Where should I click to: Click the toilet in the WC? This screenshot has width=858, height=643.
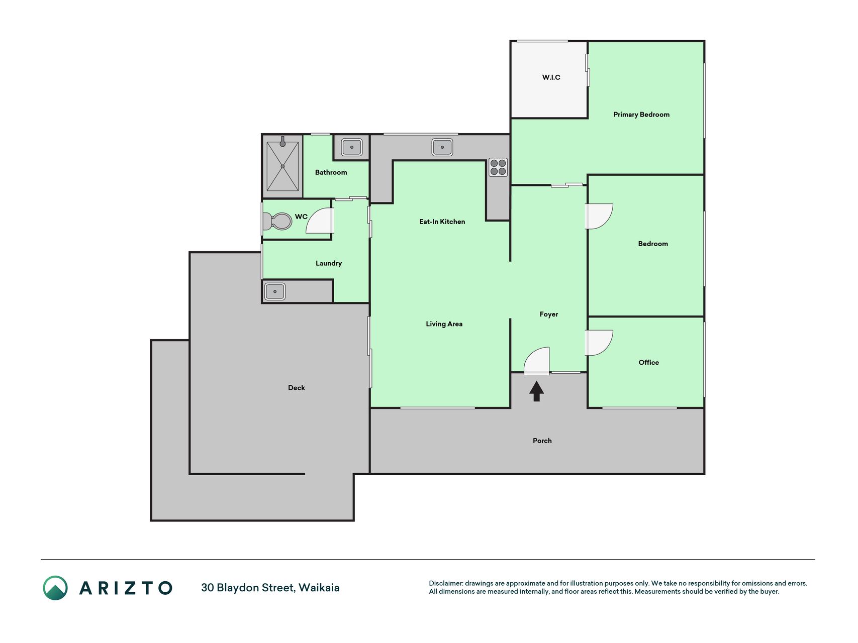(277, 221)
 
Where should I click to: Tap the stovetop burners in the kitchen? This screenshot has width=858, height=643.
(498, 167)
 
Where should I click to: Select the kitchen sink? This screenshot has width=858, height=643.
(442, 147)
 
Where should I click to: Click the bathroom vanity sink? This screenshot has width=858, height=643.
(352, 147)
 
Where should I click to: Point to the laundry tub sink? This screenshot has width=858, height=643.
(275, 291)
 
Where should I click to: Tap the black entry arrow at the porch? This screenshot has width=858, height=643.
(536, 391)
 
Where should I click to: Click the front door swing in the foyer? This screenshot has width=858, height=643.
(536, 361)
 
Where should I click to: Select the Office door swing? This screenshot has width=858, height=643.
(599, 343)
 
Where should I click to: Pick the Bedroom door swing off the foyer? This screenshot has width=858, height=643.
(599, 216)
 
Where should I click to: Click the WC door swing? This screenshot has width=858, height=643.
(320, 221)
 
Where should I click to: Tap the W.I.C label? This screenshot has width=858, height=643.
(551, 77)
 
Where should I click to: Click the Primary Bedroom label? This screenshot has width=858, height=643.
(641, 115)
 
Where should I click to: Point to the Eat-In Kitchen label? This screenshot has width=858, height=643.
(442, 222)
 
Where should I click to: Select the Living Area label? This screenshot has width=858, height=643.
(444, 324)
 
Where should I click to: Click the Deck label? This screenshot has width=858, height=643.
(297, 388)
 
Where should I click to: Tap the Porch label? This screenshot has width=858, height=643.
(542, 441)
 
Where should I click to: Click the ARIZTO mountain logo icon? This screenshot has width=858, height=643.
(55, 588)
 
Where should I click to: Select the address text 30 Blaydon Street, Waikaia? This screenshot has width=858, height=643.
(270, 588)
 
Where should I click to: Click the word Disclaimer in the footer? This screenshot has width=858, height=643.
(446, 583)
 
